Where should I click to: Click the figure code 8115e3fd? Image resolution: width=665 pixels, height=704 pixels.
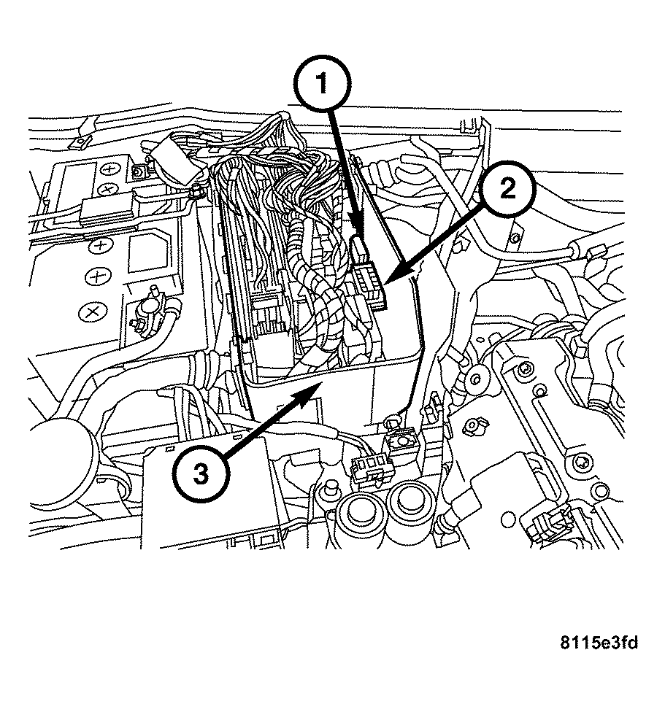point(599,642)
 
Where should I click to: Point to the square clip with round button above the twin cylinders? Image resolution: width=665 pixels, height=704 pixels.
point(399,441)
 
